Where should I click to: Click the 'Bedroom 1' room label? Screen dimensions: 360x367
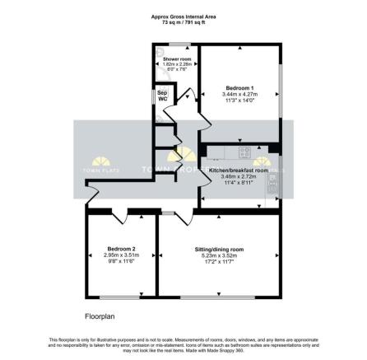(x=240, y=86)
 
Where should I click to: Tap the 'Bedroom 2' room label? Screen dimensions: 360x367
(x=120, y=248)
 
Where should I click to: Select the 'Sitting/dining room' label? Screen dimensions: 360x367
(x=219, y=248)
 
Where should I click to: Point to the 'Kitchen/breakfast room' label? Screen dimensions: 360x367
(x=239, y=170)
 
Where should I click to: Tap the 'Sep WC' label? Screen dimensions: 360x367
(x=162, y=97)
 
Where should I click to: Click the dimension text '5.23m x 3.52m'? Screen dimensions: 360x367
(x=219, y=255)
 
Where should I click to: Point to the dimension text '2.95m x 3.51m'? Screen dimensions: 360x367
(x=120, y=255)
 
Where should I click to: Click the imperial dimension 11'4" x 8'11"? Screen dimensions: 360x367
(x=239, y=184)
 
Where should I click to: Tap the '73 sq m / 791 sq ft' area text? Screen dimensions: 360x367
(x=183, y=22)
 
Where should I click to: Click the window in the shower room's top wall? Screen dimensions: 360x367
(x=174, y=45)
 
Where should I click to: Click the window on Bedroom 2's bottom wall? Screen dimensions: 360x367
(x=120, y=296)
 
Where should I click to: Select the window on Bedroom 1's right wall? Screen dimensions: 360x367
(x=280, y=89)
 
